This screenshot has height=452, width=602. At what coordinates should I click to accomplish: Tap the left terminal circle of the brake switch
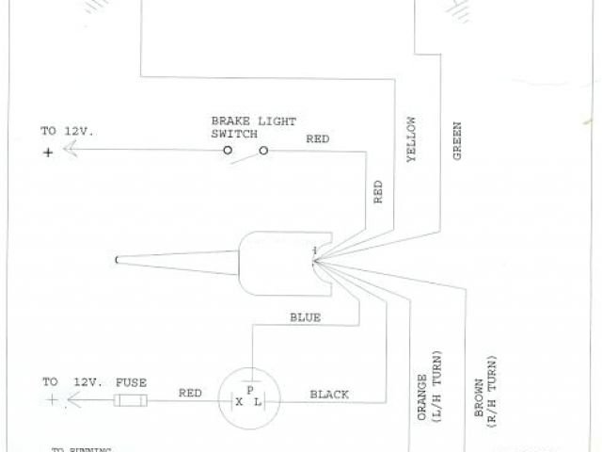pyautogui.click(x=228, y=151)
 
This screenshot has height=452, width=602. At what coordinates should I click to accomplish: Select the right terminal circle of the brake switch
pyautogui.click(x=263, y=151)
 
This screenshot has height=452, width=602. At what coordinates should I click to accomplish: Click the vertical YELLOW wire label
pyautogui.click(x=411, y=141)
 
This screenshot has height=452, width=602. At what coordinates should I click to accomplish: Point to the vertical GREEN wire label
pyautogui.click(x=457, y=139)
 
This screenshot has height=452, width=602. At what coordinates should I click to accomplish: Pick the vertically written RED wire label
pyautogui.click(x=378, y=192)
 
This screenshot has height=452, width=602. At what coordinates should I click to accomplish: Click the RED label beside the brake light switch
pyautogui.click(x=317, y=139)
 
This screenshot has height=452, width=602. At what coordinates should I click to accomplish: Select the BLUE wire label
pyautogui.click(x=305, y=318)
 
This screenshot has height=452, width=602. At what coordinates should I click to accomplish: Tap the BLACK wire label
pyautogui.click(x=329, y=395)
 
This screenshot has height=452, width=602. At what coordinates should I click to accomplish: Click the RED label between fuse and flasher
pyautogui.click(x=189, y=395)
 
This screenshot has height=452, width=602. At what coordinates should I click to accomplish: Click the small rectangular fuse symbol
pyautogui.click(x=129, y=402)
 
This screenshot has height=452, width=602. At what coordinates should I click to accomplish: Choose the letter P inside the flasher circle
pyautogui.click(x=249, y=389)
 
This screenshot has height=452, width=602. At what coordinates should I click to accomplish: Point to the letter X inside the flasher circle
pyautogui.click(x=239, y=402)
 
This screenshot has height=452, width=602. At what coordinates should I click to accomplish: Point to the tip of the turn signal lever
pyautogui.click(x=116, y=259)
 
